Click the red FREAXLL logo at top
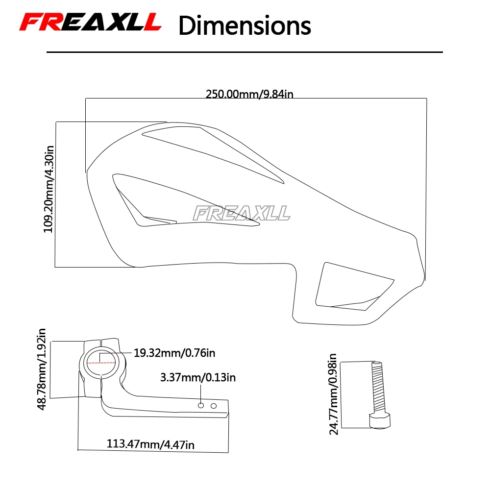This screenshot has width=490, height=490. tap(90, 22)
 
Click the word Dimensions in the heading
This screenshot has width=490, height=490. tap(245, 25)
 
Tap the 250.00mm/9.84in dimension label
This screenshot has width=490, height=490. tap(249, 94)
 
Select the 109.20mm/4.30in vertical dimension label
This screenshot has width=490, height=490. tap(49, 189)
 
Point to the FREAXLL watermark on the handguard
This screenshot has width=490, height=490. tap(241, 213)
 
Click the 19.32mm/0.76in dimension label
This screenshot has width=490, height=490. tap(174, 353)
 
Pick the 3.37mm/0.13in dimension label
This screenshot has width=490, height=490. tap(198, 377)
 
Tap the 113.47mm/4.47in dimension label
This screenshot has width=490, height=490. tap(150, 444)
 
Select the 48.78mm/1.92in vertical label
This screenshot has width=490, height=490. tap(42, 369)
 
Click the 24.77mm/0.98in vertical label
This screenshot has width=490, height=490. tap(333, 394)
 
